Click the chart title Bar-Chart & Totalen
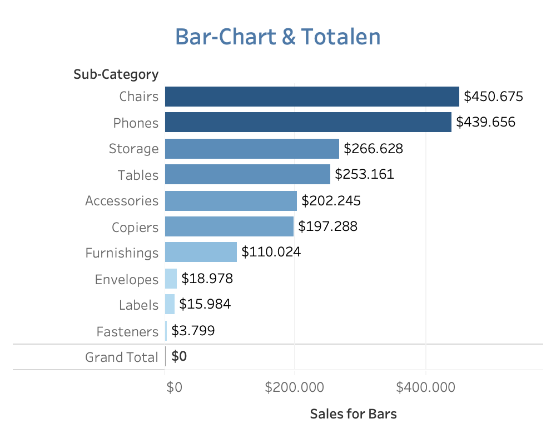(278, 37)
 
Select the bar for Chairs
(312, 97)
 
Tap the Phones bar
(308, 123)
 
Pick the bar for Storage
(252, 149)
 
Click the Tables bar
(247, 175)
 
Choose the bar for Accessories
(231, 200)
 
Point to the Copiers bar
(229, 226)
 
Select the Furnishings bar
(201, 253)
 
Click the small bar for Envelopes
(171, 279)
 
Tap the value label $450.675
(494, 97)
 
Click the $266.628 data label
(374, 149)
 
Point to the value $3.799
(193, 331)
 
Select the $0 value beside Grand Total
(179, 356)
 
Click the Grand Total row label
(121, 357)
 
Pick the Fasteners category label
(127, 332)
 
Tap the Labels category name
(138, 305)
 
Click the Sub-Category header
(116, 74)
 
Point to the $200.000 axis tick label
(295, 387)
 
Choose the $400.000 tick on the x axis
(425, 387)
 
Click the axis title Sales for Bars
(354, 414)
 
